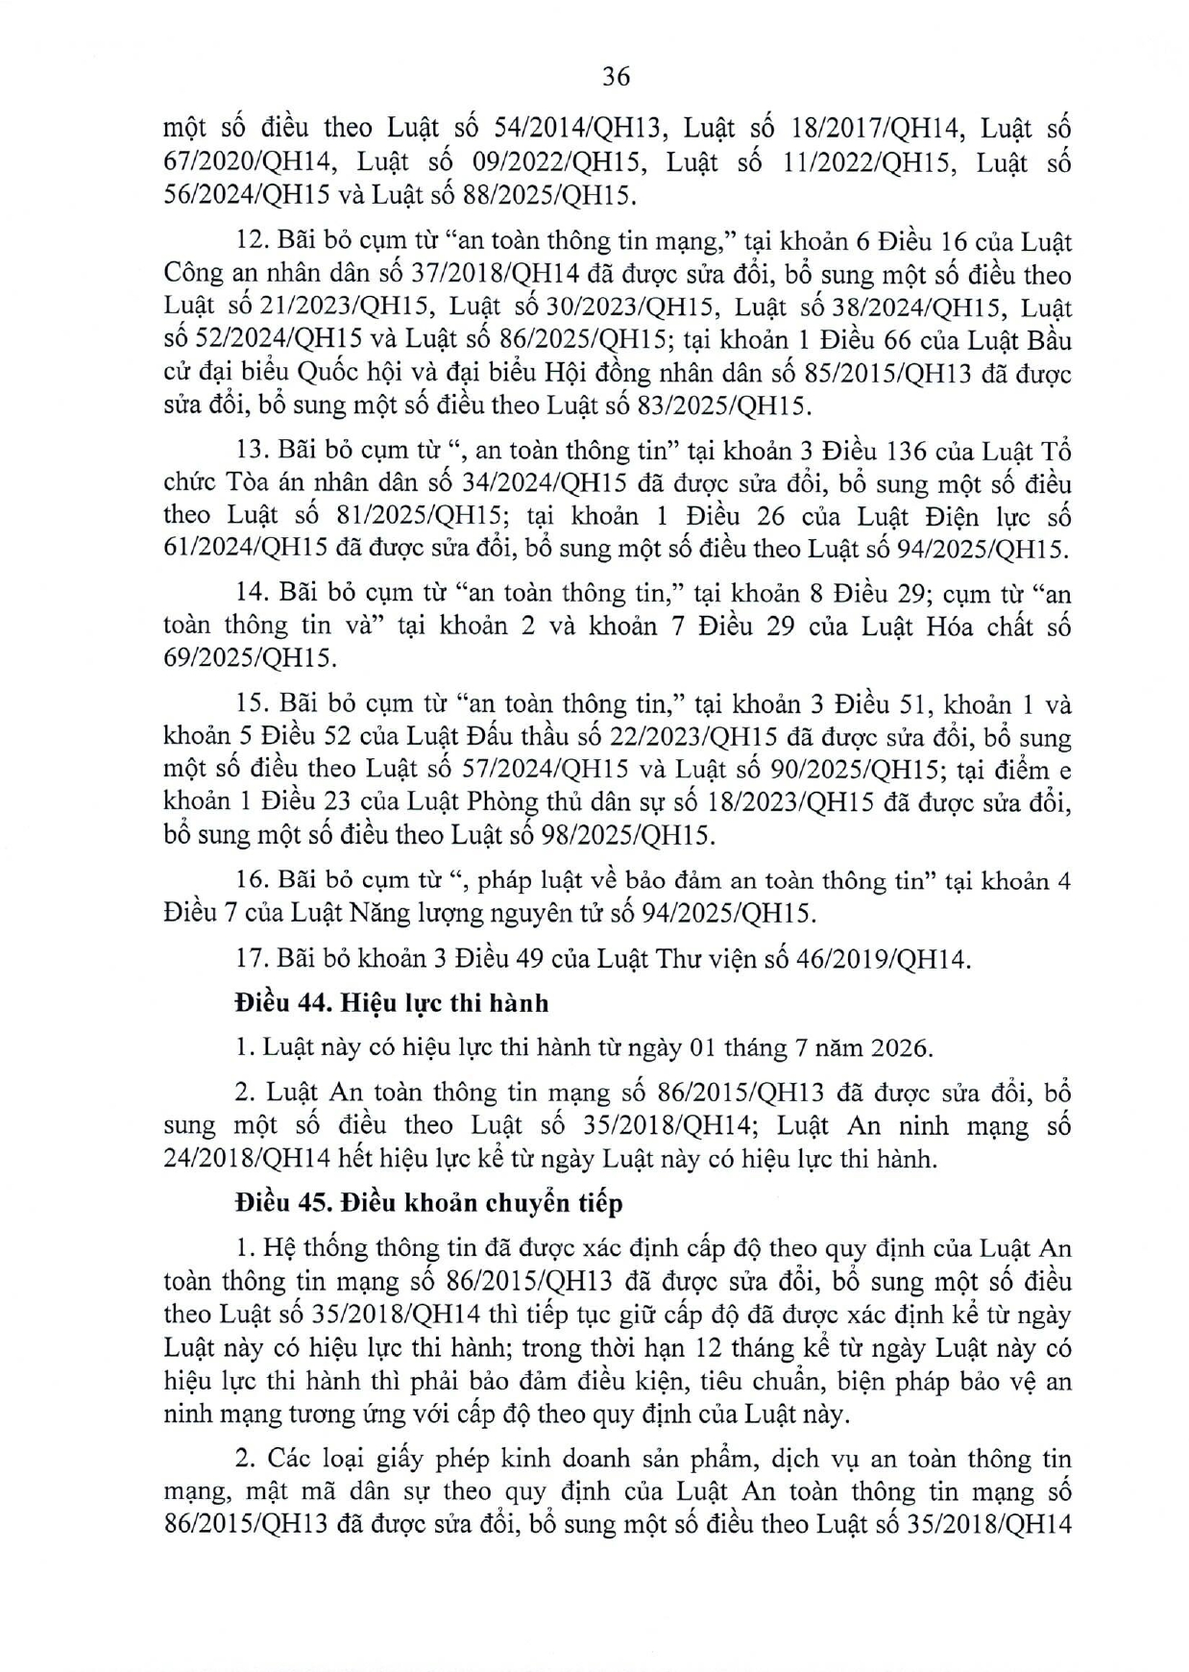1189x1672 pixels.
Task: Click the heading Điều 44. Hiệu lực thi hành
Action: click(392, 1003)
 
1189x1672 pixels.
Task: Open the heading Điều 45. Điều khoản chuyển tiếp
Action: click(428, 1202)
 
